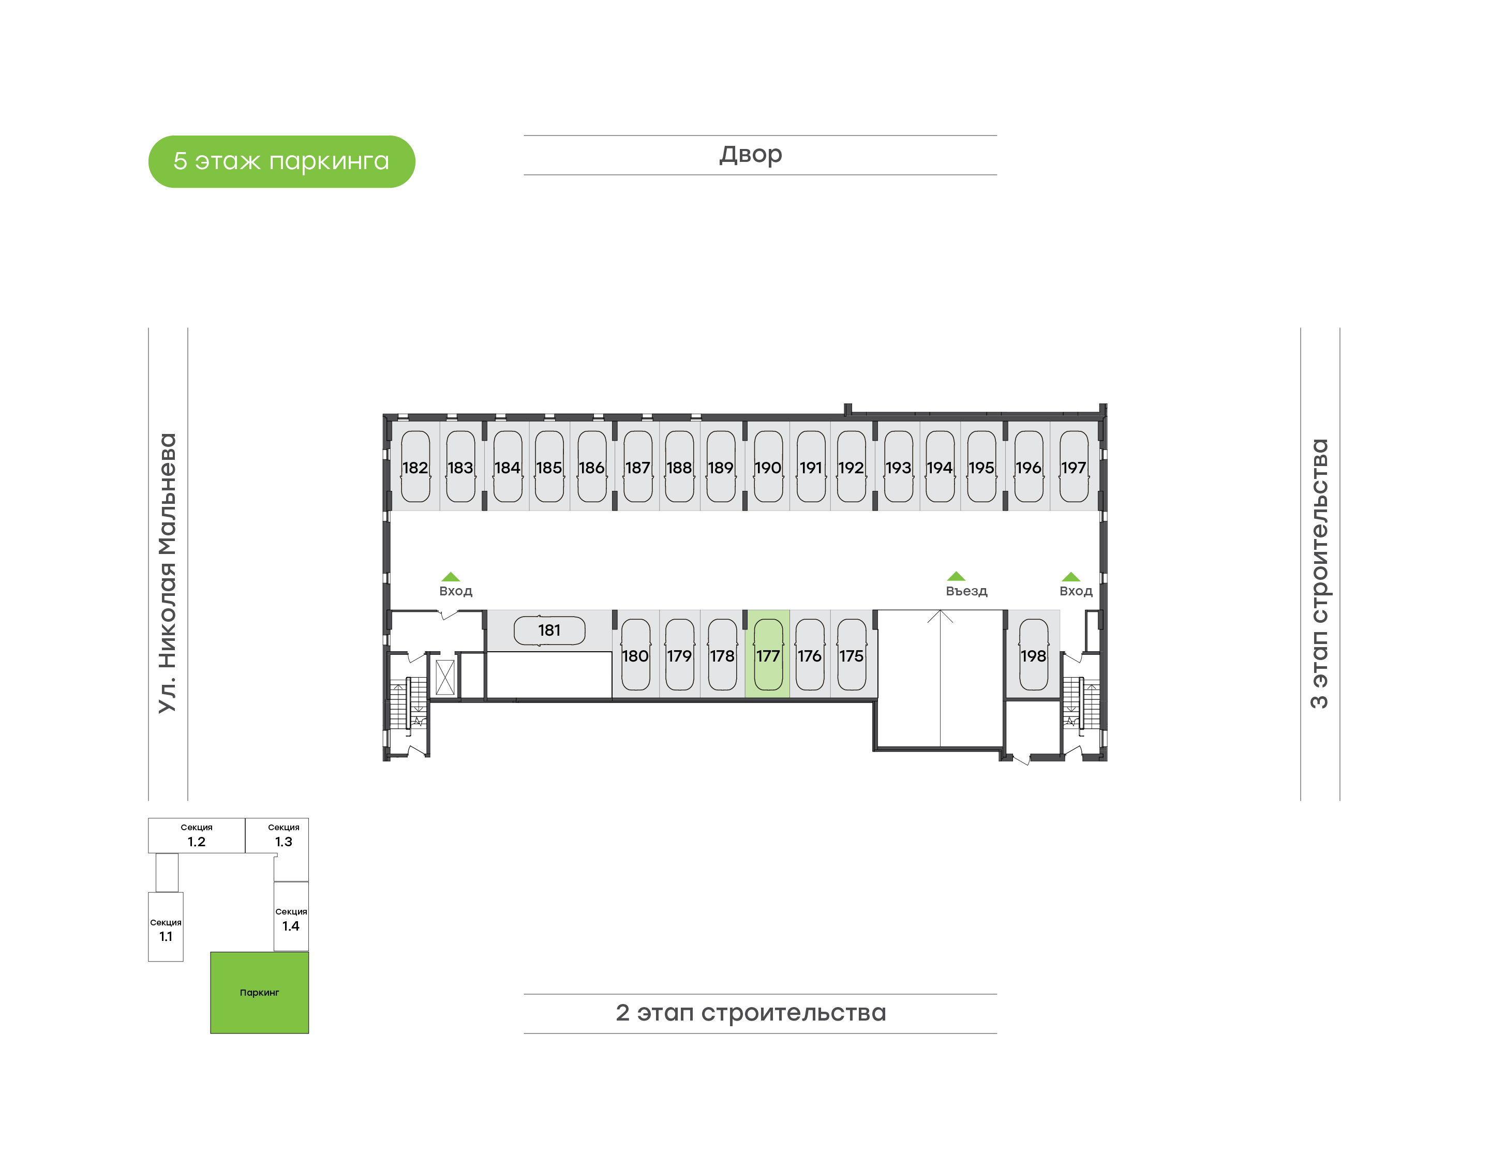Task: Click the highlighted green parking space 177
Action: pyautogui.click(x=767, y=654)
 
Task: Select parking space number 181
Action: pyautogui.click(x=549, y=631)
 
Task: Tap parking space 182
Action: pyautogui.click(x=415, y=466)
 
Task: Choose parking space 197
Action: pyautogui.click(x=1074, y=466)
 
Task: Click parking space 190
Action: pyautogui.click(x=768, y=466)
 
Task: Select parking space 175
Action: pyautogui.click(x=852, y=654)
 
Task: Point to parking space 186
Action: pyautogui.click(x=591, y=466)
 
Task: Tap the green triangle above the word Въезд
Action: pyautogui.click(x=956, y=576)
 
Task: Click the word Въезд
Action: pyautogui.click(x=966, y=591)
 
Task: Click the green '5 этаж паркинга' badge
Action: pyautogui.click(x=281, y=161)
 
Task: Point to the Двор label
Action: pyautogui.click(x=750, y=155)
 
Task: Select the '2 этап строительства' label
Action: pyautogui.click(x=751, y=1012)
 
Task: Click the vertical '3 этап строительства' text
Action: pyautogui.click(x=1319, y=574)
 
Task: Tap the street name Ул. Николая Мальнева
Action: pyautogui.click(x=167, y=574)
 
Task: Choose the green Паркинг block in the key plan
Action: pyautogui.click(x=259, y=993)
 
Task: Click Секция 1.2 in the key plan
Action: pyautogui.click(x=197, y=836)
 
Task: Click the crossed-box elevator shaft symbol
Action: pyautogui.click(x=445, y=677)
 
